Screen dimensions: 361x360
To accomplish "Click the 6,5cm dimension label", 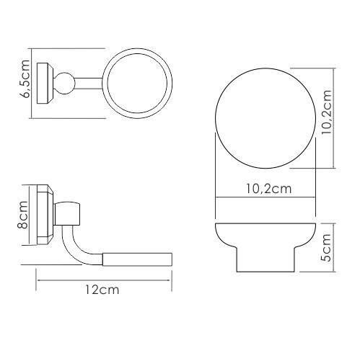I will (x=26, y=79).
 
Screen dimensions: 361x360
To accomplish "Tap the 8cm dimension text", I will (x=23, y=215).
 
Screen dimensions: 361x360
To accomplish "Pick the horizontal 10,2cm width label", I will (x=268, y=189).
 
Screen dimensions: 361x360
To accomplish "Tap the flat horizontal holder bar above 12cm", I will (x=136, y=259).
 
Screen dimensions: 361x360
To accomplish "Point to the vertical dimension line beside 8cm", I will (x=30, y=215).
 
